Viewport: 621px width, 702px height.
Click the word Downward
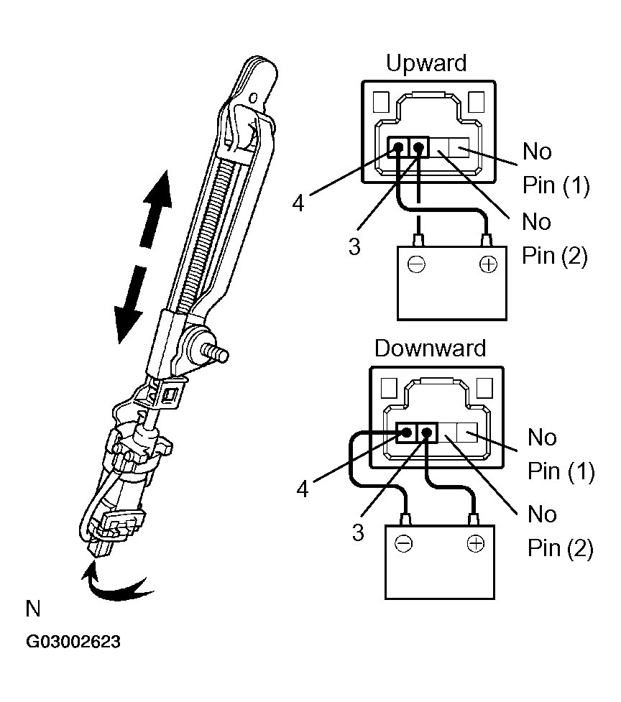click(x=430, y=348)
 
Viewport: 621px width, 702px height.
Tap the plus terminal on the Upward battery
click(x=488, y=264)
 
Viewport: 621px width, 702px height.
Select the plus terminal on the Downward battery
click(x=474, y=544)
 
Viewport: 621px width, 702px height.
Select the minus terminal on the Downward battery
click(x=404, y=544)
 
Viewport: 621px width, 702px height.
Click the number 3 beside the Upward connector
click(x=354, y=246)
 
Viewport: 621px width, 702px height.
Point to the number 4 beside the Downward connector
click(x=303, y=489)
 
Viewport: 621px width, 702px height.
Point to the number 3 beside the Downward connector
click(x=357, y=532)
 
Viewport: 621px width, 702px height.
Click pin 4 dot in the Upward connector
click(x=397, y=148)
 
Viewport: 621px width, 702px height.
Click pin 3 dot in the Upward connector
click(x=418, y=148)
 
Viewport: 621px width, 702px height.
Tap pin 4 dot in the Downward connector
click(x=407, y=433)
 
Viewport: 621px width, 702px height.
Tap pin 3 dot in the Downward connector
click(x=427, y=433)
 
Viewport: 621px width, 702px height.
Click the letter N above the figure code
click(x=33, y=610)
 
